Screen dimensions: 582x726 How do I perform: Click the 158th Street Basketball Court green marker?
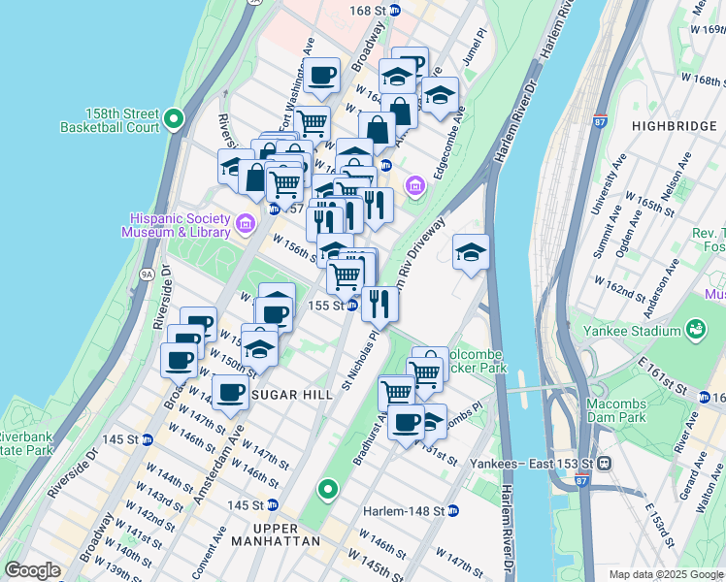pyautogui.click(x=175, y=119)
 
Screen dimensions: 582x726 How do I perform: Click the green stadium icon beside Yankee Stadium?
pyautogui.click(x=695, y=331)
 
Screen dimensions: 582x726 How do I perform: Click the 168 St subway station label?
pyautogui.click(x=375, y=11)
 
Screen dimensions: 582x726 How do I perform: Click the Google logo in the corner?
pyautogui.click(x=32, y=570)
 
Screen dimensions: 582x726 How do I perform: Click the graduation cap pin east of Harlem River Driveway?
pyautogui.click(x=471, y=254)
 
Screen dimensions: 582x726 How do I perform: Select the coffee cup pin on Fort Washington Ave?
pyautogui.click(x=321, y=75)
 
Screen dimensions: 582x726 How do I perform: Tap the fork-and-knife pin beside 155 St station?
pyautogui.click(x=379, y=303)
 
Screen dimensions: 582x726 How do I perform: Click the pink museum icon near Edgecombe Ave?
pyautogui.click(x=415, y=184)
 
